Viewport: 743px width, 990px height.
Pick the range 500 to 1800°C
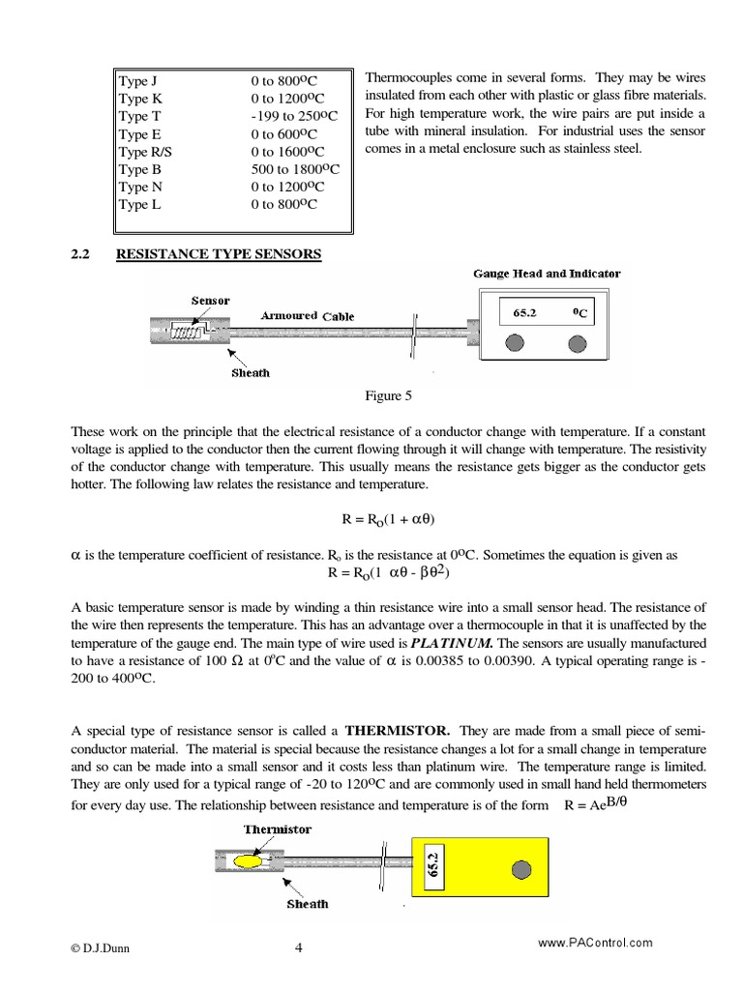295,169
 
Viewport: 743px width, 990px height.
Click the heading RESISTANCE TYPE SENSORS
219,254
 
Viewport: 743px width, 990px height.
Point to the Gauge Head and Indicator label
547,274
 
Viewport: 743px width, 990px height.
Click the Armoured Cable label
307,316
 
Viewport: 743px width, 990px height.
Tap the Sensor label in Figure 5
210,301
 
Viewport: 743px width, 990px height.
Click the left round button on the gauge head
517,342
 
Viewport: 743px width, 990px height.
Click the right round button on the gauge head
578,342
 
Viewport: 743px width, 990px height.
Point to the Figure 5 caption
388,395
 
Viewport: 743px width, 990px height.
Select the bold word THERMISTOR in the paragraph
398,730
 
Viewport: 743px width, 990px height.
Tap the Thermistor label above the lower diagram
278,829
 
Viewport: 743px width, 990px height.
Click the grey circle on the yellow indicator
521,869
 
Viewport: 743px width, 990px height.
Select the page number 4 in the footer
299,947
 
